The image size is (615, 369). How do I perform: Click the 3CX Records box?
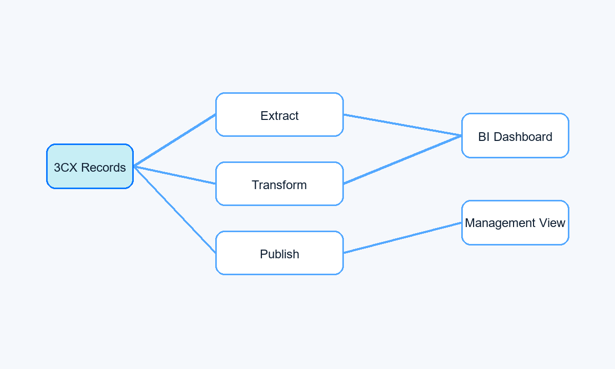[90, 167]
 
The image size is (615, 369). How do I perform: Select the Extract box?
[279, 114]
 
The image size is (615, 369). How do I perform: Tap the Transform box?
[279, 183]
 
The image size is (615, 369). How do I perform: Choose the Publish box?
[279, 253]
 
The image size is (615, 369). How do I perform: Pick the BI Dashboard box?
[515, 136]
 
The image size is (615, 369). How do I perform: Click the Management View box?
[515, 222]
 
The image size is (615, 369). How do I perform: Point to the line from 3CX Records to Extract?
[175, 140]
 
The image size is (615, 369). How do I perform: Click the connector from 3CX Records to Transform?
[175, 175]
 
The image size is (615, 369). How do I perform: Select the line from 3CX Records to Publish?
[175, 210]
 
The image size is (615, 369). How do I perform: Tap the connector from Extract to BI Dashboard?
[402, 125]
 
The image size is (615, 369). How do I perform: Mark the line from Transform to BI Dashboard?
[402, 159]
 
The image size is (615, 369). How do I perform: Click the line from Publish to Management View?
[402, 238]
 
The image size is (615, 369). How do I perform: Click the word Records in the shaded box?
[104, 168]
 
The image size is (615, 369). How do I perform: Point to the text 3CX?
[66, 168]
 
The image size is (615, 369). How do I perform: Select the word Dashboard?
[523, 137]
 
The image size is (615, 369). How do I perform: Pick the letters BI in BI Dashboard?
[484, 137]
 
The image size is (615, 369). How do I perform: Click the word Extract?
[279, 116]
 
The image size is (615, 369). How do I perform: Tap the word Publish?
[279, 254]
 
